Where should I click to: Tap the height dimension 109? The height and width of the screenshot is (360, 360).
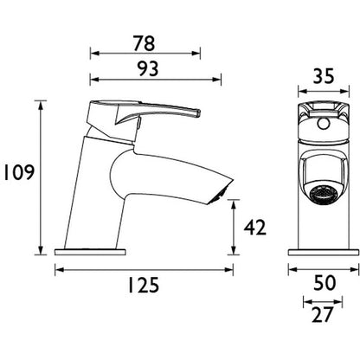(x=17, y=173)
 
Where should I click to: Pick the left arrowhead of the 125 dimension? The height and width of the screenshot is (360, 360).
(x=58, y=269)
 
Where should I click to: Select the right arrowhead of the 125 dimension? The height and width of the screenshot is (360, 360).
(x=230, y=269)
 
